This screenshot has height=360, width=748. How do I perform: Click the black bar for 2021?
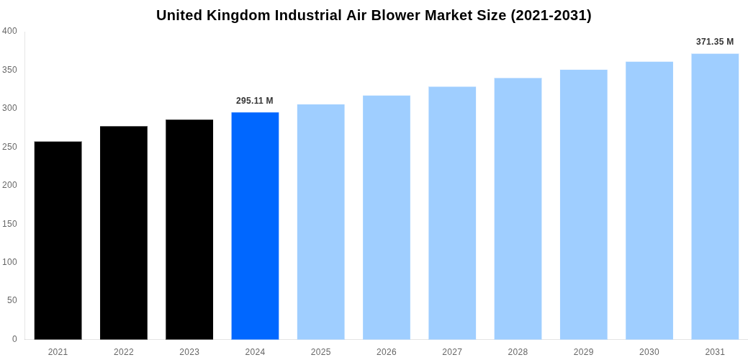point(58,240)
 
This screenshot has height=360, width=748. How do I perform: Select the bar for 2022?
point(124,233)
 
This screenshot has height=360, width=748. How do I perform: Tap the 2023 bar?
point(189,229)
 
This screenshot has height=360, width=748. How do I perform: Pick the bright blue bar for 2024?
point(255,225)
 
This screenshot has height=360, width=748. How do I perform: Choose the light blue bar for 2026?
point(387,217)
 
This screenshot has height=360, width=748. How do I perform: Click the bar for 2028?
point(518,209)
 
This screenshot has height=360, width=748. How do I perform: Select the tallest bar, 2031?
point(715,197)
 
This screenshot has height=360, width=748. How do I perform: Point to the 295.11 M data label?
point(255,101)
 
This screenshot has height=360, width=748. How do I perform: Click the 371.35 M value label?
point(715,42)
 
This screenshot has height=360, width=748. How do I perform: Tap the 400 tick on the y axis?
point(10,31)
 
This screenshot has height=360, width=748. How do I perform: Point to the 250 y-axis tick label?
point(10,147)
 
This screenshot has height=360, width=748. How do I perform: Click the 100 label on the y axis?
point(10,262)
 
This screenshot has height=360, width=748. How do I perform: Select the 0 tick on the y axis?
point(14,339)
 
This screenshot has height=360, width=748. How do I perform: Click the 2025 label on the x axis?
point(321,352)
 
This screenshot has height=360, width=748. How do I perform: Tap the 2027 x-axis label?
point(452,352)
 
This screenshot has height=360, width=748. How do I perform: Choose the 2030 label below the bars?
point(649,352)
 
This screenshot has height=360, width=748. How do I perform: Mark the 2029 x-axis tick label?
point(584,352)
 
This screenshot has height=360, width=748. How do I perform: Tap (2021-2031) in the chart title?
point(551,15)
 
